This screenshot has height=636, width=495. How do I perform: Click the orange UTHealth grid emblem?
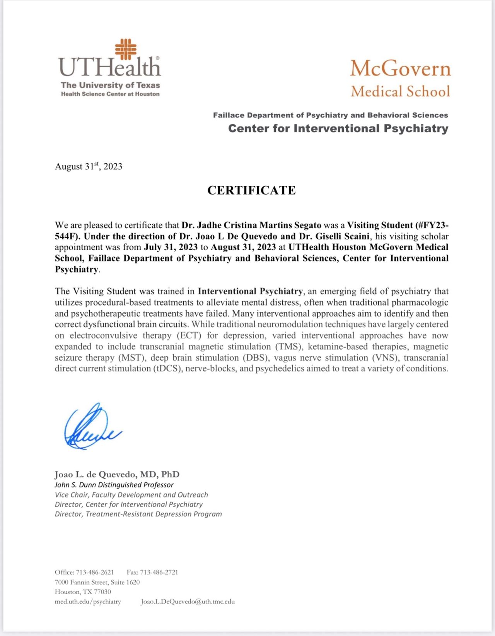coord(126,49)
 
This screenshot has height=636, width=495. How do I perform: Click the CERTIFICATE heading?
coord(251,190)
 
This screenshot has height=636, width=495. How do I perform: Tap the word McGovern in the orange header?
coord(401,68)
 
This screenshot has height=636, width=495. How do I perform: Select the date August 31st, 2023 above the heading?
coord(89,166)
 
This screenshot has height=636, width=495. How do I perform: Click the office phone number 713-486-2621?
coord(95,572)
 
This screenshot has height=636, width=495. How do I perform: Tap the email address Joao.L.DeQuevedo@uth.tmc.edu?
coord(188,602)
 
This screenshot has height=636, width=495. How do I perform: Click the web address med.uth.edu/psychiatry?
coord(88,602)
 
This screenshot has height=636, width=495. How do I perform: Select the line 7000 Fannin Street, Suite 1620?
coord(97,582)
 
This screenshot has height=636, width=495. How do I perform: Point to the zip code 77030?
coord(102,592)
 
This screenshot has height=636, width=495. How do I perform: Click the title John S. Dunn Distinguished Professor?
coord(114,485)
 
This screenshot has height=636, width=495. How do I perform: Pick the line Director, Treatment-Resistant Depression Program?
coord(138,514)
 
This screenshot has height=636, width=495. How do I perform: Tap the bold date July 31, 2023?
coord(171,247)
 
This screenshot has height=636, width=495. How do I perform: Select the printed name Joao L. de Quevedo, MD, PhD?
coord(117,474)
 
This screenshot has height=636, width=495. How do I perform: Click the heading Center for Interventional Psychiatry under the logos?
coord(338,128)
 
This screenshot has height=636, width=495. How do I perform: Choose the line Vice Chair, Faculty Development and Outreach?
coord(131,495)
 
